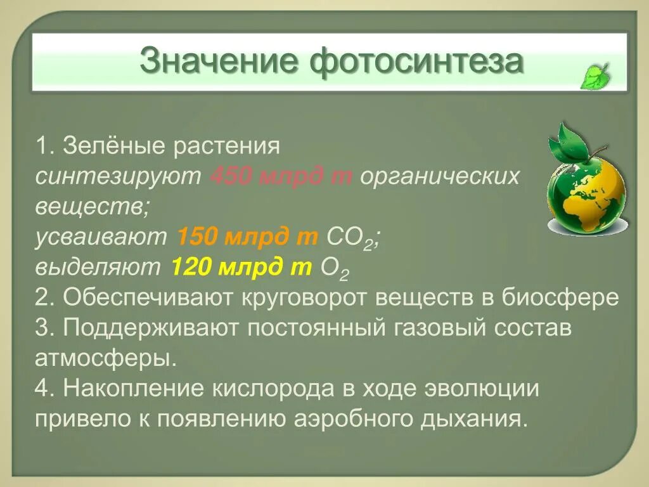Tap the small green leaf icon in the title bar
tap(595, 76)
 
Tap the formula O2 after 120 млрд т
tap(335, 268)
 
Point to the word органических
tap(439, 176)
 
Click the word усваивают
tap(101, 237)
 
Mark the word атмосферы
tap(105, 358)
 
